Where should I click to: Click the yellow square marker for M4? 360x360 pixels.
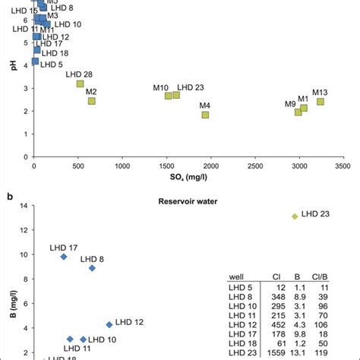[x=205, y=115]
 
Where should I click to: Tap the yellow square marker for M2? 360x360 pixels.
[x=92, y=101]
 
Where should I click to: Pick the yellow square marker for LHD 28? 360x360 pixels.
[x=80, y=84]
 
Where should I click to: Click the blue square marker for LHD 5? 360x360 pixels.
[x=35, y=61]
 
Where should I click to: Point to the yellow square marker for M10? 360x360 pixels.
[x=169, y=96]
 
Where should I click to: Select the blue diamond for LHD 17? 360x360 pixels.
[x=64, y=257]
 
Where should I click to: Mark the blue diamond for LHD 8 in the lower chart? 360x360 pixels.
[x=92, y=268]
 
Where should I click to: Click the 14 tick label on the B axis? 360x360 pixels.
[x=24, y=205]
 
